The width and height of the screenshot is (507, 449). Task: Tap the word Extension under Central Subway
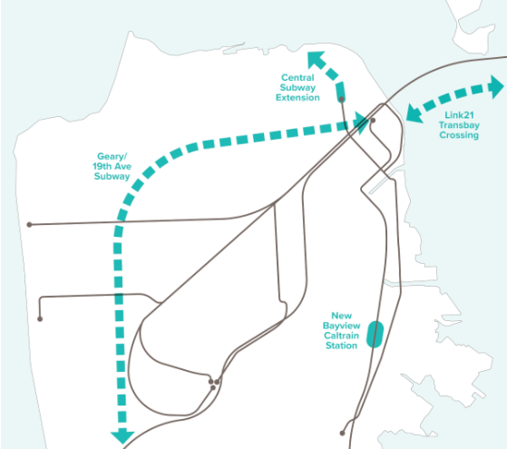pyautogui.click(x=299, y=98)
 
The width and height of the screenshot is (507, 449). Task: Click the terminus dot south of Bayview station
pyautogui.click(x=342, y=434)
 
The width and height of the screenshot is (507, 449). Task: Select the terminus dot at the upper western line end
pyautogui.click(x=30, y=224)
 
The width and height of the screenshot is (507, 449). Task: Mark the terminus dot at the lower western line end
pyautogui.click(x=40, y=319)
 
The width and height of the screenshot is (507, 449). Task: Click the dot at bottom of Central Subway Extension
pyautogui.click(x=343, y=101)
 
